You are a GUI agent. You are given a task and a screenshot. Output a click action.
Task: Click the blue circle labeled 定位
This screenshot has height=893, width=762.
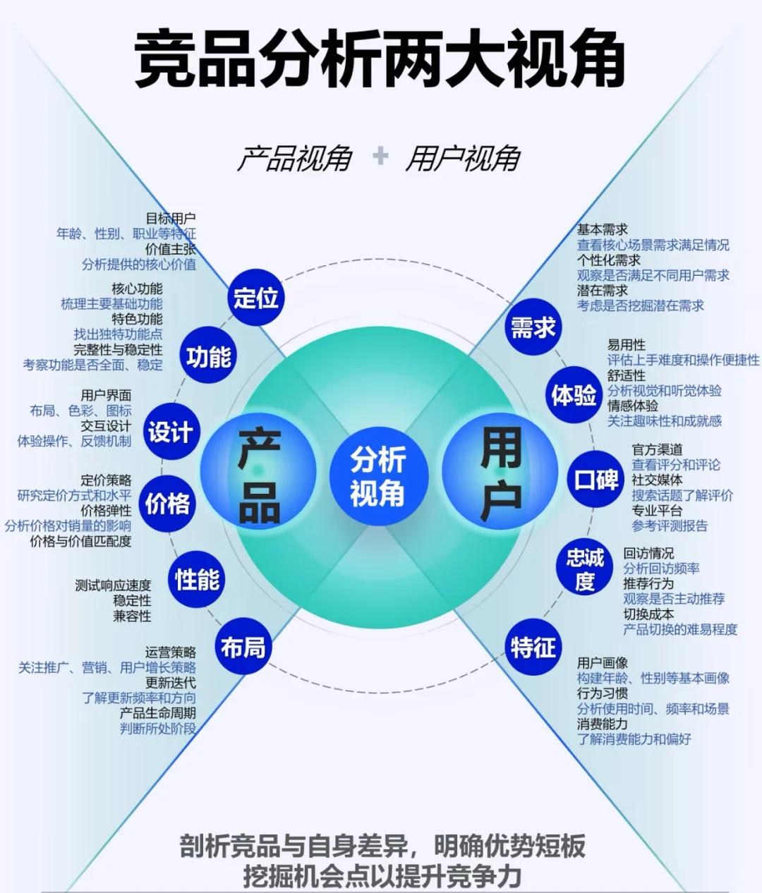[256, 298]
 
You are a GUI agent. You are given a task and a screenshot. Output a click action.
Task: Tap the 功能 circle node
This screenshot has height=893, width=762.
[209, 358]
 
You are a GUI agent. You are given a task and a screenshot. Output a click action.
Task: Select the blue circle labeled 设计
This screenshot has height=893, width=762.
[170, 432]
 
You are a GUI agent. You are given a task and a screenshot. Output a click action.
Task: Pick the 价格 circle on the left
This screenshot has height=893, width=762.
[168, 504]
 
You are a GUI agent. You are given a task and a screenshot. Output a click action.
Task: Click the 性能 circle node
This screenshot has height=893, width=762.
[198, 580]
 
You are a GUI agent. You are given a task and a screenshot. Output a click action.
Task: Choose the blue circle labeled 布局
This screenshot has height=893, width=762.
[243, 647]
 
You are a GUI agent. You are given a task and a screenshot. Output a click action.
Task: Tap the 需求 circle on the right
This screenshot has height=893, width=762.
[533, 327]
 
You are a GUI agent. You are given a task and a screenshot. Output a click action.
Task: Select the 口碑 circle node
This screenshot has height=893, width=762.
[596, 480]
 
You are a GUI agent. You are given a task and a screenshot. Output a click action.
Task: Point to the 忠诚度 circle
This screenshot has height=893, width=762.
[585, 570]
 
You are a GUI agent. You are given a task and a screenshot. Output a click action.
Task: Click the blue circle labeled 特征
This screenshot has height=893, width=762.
[533, 647]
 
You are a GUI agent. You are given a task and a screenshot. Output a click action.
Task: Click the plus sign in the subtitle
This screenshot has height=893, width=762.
[380, 156]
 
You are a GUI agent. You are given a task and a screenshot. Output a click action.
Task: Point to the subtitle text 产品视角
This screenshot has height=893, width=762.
[294, 159]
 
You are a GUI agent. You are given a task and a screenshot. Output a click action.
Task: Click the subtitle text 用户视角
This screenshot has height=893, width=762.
[463, 159]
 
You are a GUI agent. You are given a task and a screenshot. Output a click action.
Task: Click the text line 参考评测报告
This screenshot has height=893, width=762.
[670, 526]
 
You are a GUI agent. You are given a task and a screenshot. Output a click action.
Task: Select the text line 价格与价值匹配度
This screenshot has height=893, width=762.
[80, 541]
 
